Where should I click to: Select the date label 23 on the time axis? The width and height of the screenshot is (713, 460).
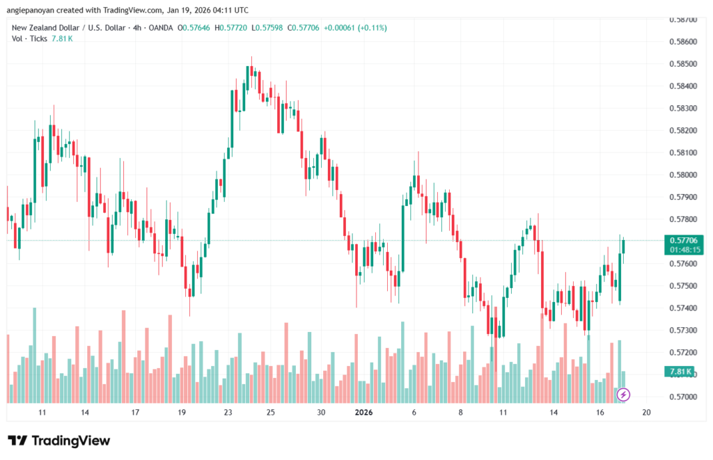tap(228, 413)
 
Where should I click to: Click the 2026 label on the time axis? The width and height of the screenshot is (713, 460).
tap(364, 413)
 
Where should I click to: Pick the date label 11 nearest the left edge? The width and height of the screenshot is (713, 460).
tap(42, 413)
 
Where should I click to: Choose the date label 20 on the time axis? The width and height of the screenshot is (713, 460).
tap(646, 413)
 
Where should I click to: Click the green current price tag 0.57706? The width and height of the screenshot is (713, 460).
tap(683, 240)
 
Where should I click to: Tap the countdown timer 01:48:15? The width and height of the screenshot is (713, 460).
tap(683, 249)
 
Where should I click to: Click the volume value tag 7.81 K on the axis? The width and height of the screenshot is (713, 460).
tap(680, 373)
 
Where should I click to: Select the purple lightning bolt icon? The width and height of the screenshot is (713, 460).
tap(624, 395)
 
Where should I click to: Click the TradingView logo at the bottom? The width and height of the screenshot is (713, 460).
tap(59, 441)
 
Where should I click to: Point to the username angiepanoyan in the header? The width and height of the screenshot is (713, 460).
tap(36, 10)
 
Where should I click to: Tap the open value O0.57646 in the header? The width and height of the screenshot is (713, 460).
tap(195, 28)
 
